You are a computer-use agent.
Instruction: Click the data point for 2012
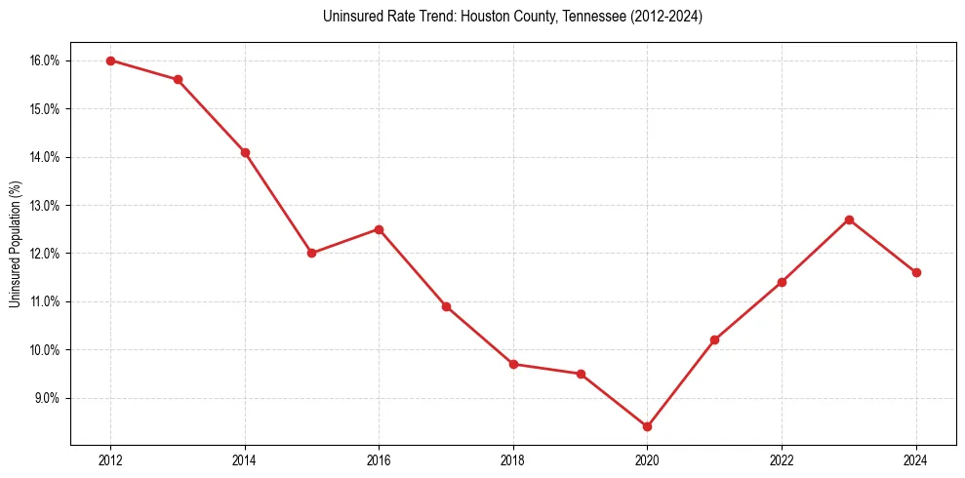coord(110,60)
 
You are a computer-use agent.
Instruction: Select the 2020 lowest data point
coord(647,426)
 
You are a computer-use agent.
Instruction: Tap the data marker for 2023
coord(849,219)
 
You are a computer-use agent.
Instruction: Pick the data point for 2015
coord(311,253)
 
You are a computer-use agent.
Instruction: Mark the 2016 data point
coord(379,229)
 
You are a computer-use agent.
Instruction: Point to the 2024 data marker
coord(916,272)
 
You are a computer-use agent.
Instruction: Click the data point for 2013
coord(178,80)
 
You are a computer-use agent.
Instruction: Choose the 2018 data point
coord(513,364)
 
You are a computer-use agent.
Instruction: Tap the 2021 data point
coord(714,339)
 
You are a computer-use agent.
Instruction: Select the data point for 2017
coord(446,306)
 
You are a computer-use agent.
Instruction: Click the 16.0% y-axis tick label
coord(45,60)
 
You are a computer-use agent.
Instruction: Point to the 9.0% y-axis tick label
coord(47,398)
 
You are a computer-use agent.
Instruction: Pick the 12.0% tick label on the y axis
coord(45,254)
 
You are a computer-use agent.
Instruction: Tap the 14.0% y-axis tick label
coord(45,157)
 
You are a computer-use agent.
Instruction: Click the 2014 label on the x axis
coord(245,460)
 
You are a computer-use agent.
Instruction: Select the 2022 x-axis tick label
coord(782,460)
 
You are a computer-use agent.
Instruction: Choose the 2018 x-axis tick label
coord(513,460)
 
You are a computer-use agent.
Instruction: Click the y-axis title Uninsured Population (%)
coord(15,244)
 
